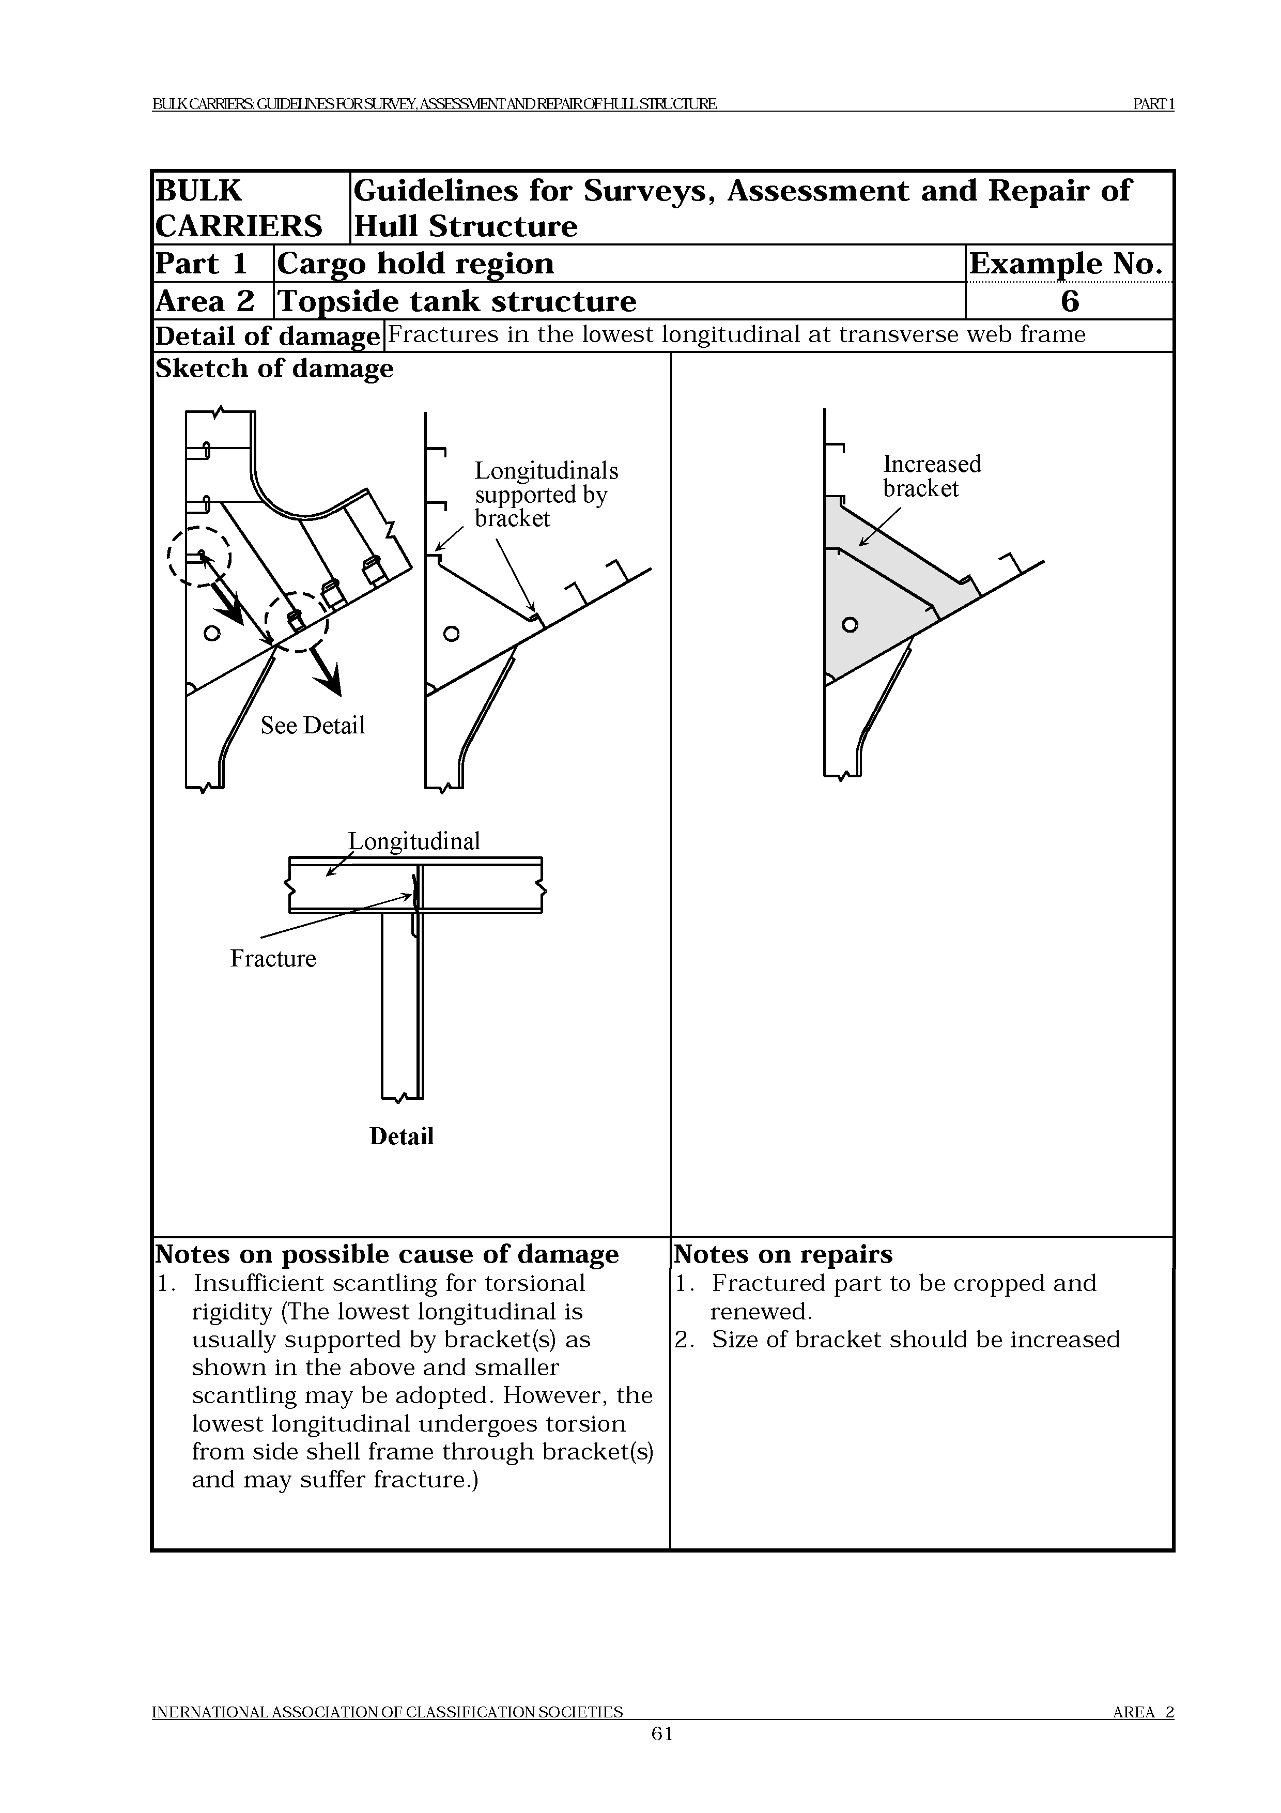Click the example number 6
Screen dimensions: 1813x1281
[x=1070, y=301]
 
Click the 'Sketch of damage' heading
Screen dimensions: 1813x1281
[x=274, y=368]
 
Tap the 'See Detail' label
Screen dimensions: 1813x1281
[x=313, y=725]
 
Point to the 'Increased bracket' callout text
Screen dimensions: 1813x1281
[x=931, y=475]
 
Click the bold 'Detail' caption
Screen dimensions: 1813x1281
[x=401, y=1136]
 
